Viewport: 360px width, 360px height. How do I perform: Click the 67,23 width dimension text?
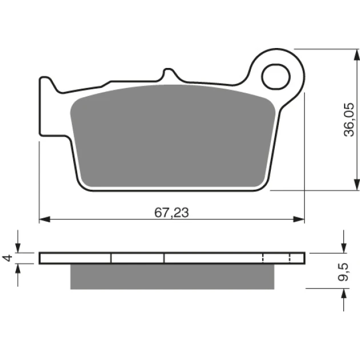(x=171, y=213)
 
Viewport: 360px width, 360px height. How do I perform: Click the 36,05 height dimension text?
(x=349, y=119)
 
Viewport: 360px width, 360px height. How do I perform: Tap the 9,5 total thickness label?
(x=343, y=272)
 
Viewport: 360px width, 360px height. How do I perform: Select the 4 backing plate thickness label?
(x=7, y=258)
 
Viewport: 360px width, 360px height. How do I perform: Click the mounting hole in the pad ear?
(x=276, y=77)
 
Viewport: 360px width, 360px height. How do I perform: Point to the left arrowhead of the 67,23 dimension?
(x=45, y=219)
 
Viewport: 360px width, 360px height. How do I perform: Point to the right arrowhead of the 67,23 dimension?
(x=299, y=219)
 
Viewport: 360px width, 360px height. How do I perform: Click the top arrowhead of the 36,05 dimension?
(x=357, y=55)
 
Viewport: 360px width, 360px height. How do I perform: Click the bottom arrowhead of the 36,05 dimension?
(x=357, y=185)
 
